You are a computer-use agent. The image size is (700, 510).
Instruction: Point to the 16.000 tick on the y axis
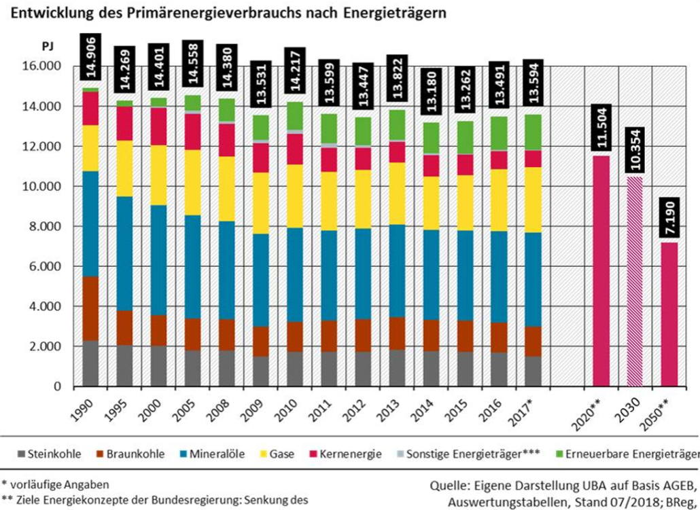pos(42,67)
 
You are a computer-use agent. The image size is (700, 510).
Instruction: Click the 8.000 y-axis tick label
pos(45,226)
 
